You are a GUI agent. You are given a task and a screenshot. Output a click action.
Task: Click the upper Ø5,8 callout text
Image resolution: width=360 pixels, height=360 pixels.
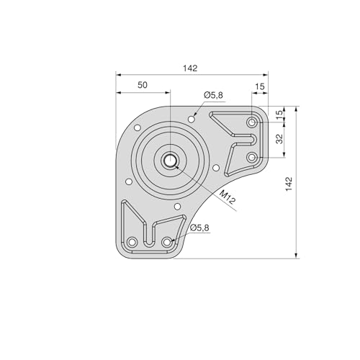(213, 95)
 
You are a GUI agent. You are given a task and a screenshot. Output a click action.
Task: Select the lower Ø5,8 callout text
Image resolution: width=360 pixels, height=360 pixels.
(199, 228)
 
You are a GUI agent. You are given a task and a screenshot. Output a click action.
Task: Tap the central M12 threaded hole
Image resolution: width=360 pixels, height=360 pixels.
(171, 161)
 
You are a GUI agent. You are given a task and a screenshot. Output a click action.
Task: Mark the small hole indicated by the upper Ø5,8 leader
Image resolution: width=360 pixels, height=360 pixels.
(191, 117)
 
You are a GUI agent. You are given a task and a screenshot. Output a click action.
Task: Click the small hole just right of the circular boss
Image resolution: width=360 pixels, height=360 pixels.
(215, 169)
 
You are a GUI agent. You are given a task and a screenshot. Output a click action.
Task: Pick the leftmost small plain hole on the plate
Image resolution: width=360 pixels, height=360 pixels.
(127, 182)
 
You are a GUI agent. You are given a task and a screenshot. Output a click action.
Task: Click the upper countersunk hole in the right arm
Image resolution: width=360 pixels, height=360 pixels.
(252, 123)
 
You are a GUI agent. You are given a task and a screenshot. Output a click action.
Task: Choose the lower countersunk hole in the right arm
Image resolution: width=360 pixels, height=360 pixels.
(252, 156)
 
